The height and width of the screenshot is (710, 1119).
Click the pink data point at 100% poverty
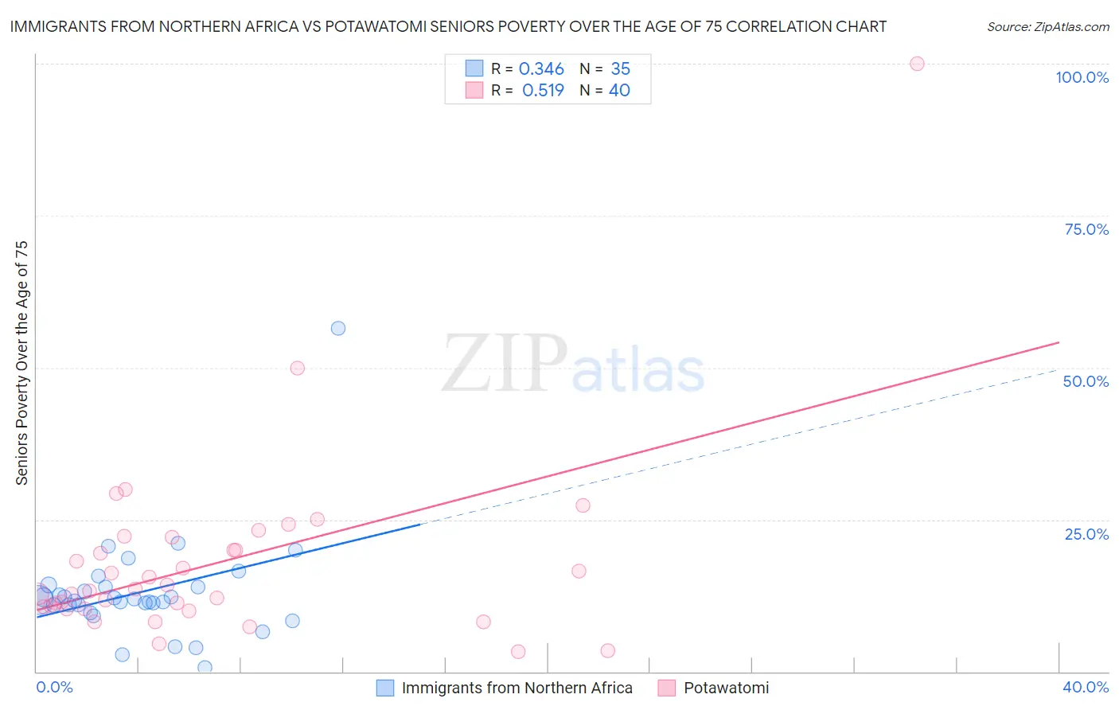[x=917, y=64]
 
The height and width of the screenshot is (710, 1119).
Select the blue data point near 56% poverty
[x=338, y=328]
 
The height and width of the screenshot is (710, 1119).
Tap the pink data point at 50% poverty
[x=298, y=368]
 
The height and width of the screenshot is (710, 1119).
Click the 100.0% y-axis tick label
[x=1082, y=77]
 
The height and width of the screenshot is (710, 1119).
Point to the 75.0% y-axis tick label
[x=1086, y=229]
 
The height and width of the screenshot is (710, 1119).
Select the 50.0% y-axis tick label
[x=1086, y=381]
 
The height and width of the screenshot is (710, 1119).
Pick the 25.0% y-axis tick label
[x=1086, y=533]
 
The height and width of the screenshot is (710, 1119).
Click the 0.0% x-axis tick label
[x=54, y=687]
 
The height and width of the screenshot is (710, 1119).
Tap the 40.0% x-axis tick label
[x=1086, y=687]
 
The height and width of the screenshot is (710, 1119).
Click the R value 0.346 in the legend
[x=541, y=69]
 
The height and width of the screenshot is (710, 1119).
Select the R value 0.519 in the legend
[x=543, y=91]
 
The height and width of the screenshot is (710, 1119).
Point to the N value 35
[x=620, y=69]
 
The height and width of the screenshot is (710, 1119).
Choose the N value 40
[x=619, y=91]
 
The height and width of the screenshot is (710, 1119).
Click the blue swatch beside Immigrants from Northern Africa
[x=385, y=688]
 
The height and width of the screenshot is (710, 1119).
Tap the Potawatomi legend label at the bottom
[x=726, y=688]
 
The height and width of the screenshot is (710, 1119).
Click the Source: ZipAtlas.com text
[x=1047, y=27]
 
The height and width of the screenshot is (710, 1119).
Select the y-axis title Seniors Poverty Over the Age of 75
[x=21, y=362]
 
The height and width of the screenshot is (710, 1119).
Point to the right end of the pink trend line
[x=1059, y=342]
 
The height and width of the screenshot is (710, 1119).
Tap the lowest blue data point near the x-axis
[x=205, y=667]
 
